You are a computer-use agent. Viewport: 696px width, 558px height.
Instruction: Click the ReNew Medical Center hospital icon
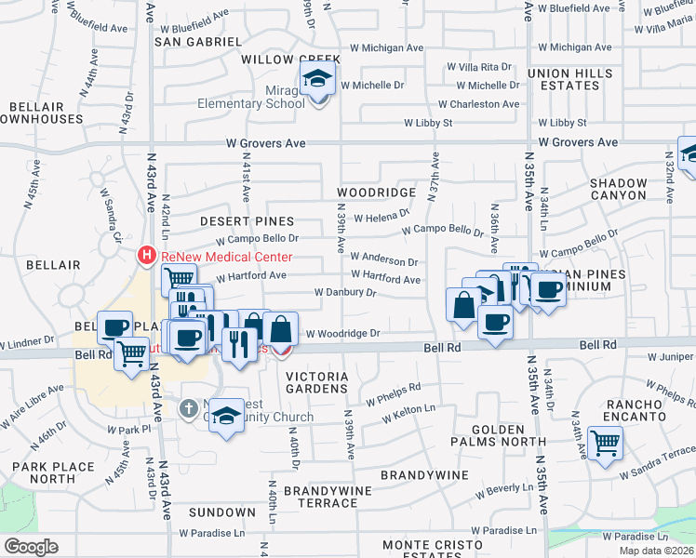(x=147, y=254)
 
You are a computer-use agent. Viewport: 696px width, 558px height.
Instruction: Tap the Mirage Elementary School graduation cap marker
(x=318, y=82)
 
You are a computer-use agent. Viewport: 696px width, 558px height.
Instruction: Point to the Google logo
(x=30, y=546)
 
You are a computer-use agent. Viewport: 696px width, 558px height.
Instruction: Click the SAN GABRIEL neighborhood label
(x=197, y=42)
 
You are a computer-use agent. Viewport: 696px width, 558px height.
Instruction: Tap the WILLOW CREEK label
(x=291, y=59)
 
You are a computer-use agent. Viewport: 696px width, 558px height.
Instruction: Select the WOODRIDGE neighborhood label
(x=376, y=193)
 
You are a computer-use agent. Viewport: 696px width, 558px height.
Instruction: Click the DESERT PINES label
(x=247, y=221)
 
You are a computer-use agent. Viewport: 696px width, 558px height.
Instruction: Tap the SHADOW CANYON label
(x=618, y=190)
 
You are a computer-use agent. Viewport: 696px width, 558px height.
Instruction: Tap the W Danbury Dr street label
(x=345, y=292)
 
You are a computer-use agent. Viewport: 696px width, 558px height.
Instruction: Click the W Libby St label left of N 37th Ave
(x=428, y=123)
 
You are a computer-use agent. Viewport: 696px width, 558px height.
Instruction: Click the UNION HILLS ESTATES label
(x=564, y=79)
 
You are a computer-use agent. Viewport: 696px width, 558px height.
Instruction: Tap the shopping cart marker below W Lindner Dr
(x=132, y=352)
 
